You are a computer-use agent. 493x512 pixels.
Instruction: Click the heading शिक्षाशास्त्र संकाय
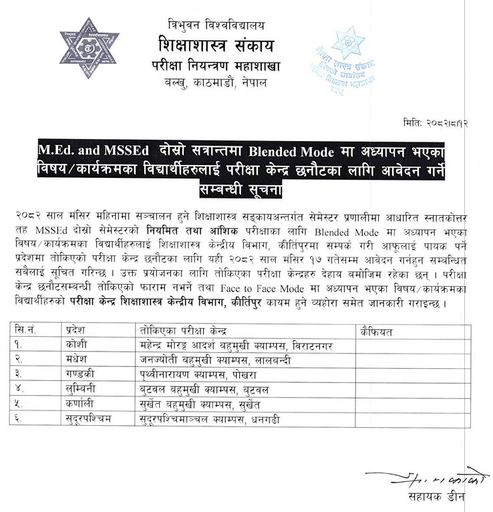(208, 47)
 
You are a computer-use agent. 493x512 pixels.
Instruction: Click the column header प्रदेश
(78, 332)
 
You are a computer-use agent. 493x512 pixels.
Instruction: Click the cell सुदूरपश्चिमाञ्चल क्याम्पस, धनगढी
(214, 420)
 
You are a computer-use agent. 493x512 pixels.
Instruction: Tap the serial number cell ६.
(27, 420)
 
